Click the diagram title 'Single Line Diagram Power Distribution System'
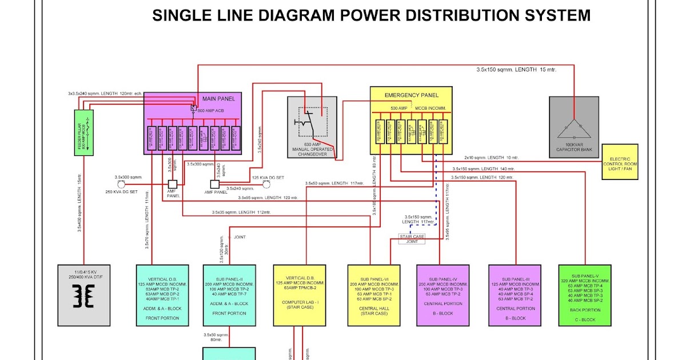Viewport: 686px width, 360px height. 371,15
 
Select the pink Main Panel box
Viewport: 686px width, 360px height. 193,123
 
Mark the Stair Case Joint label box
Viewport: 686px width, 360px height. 412,238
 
